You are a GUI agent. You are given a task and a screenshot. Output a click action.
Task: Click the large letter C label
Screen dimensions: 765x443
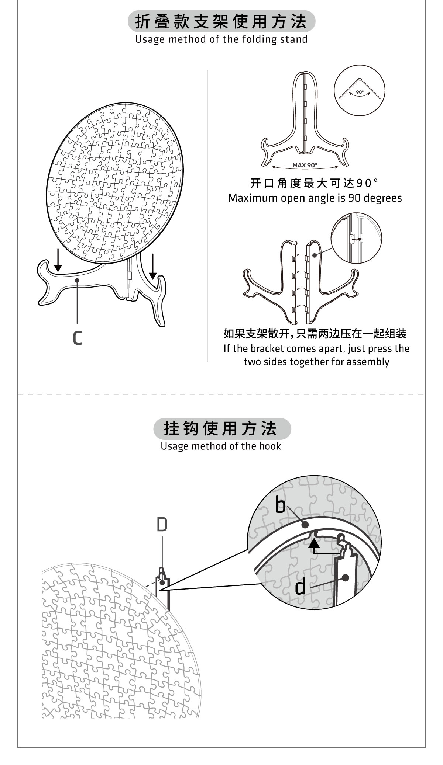click(x=77, y=338)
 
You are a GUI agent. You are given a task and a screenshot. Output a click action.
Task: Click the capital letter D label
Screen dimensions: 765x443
click(x=162, y=525)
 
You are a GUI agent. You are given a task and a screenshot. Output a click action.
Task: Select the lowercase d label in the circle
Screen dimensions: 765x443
click(x=301, y=587)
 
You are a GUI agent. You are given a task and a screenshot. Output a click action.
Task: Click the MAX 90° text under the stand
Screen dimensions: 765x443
click(x=305, y=165)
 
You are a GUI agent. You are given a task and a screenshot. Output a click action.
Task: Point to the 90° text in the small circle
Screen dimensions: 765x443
click(x=360, y=92)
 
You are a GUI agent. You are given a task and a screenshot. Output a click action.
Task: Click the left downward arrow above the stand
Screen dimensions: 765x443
click(x=58, y=261)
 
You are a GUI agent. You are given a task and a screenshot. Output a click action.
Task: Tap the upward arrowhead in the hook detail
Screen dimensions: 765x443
click(x=314, y=542)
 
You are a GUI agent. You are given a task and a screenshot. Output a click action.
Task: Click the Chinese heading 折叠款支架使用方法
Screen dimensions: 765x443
click(x=221, y=22)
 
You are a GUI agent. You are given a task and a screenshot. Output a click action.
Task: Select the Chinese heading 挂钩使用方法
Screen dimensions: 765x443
click(x=221, y=428)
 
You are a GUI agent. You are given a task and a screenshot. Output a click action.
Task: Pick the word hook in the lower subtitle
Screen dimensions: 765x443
click(x=270, y=446)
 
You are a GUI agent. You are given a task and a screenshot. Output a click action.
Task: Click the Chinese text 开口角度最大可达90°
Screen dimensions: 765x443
click(x=315, y=183)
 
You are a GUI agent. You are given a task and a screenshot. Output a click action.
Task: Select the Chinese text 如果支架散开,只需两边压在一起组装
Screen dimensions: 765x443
click(x=315, y=334)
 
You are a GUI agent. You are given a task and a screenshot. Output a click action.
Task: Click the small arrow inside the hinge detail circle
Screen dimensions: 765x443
click(x=357, y=239)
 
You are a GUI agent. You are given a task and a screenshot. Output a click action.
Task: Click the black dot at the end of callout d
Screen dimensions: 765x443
click(x=345, y=578)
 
